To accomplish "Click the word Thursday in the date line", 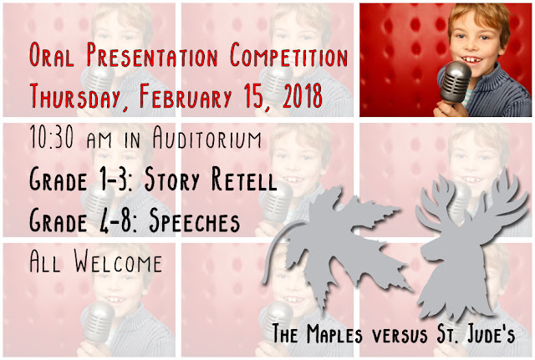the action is [75, 96].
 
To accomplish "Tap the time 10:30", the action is [52, 136].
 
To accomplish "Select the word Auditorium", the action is [206, 137].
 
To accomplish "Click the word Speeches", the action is [195, 221].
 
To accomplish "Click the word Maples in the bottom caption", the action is [334, 333].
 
